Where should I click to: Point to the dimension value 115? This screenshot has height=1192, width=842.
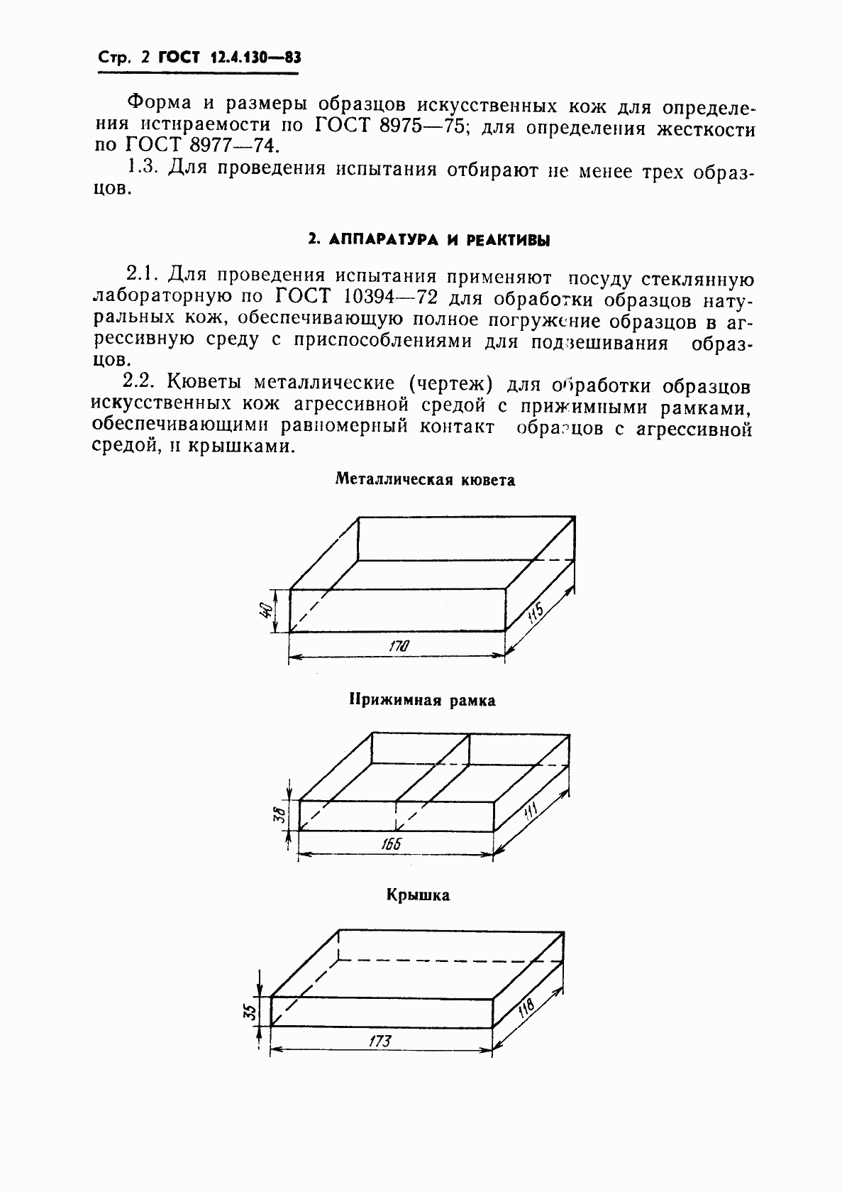coord(536,611)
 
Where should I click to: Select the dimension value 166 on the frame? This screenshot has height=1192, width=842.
coord(391,843)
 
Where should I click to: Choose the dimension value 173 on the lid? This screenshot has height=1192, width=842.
coord(381,1041)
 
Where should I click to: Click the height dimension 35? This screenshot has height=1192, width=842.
coord(249,1010)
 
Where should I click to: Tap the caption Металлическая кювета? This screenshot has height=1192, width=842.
coord(425,480)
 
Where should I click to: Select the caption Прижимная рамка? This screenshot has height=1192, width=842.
coord(422,701)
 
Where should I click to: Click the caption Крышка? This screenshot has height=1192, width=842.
coord(419,895)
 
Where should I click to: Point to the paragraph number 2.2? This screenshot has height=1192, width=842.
coord(139,381)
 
